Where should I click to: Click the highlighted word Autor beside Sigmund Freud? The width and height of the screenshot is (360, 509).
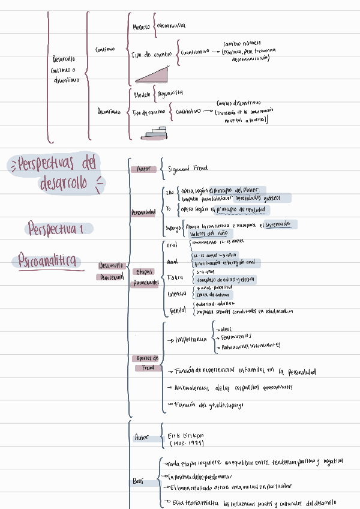tap(143, 170)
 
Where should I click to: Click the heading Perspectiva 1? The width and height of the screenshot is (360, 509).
tap(60, 229)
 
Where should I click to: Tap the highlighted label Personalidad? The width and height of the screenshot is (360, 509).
tap(143, 212)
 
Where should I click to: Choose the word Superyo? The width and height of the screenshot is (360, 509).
tap(173, 227)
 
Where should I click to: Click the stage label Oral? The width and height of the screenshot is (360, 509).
tap(172, 245)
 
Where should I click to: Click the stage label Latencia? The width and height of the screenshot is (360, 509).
tap(178, 294)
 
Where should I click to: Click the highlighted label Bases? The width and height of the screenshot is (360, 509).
tap(139, 481)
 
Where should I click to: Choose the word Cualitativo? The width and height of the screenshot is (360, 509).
tap(189, 111)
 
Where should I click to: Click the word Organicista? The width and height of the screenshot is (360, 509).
tap(170, 93)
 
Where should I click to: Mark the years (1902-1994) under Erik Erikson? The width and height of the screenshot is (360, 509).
tap(187, 443)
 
